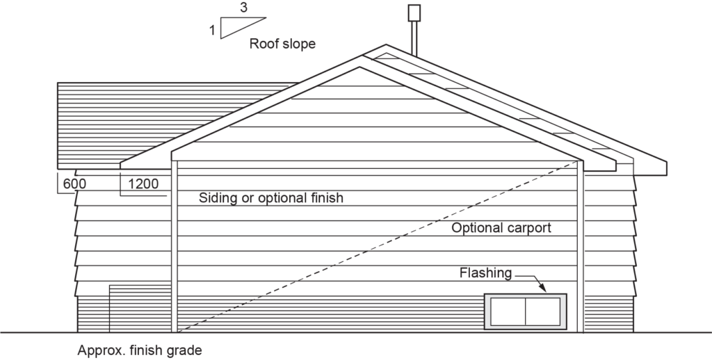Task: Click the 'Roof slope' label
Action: [282, 44]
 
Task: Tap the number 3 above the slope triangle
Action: [243, 9]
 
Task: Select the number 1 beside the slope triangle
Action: [213, 30]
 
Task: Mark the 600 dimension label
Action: [74, 184]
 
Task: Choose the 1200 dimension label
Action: [143, 184]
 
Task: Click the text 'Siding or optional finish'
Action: [271, 198]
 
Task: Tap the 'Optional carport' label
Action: [501, 228]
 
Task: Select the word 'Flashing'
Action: [485, 273]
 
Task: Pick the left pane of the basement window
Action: [508, 311]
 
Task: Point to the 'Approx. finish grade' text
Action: [140, 350]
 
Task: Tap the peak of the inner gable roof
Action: [359, 68]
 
